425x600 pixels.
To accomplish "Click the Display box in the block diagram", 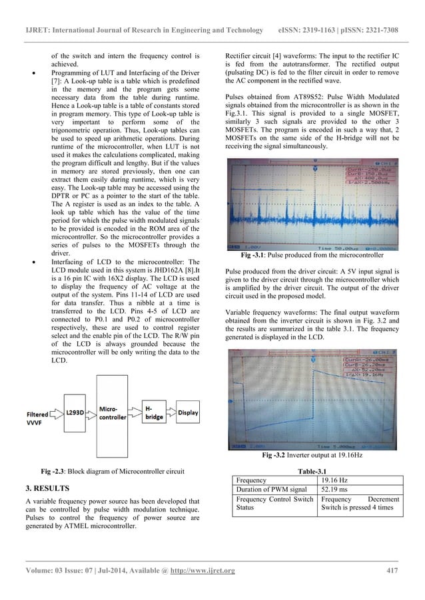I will click(188, 412).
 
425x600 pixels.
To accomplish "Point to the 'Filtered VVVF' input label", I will click(39, 416).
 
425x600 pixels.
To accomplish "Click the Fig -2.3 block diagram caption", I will click(114, 471).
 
